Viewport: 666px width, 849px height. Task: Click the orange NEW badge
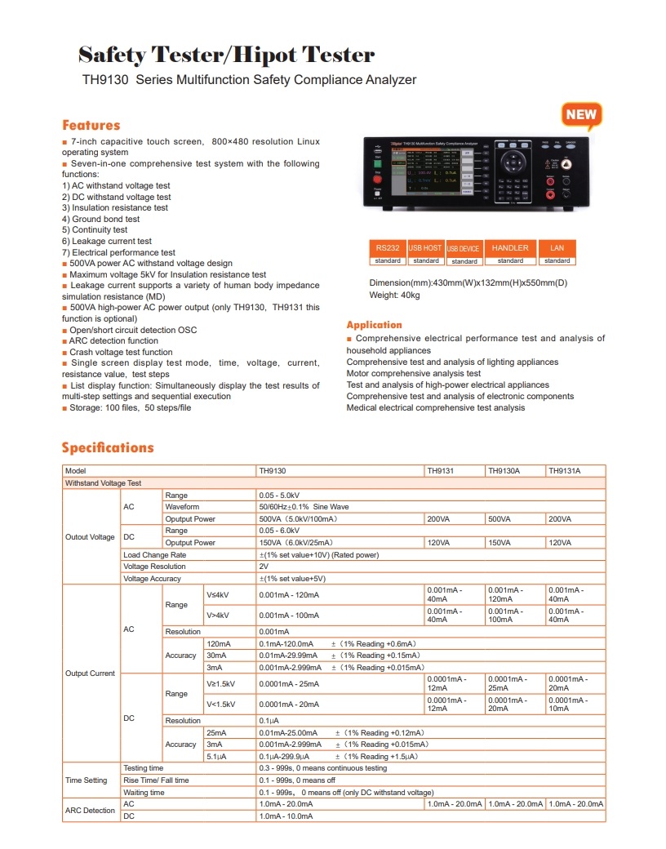click(581, 115)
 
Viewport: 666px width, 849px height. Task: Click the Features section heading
click(91, 126)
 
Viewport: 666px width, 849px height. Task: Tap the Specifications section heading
click(108, 447)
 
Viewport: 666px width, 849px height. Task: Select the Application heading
click(374, 325)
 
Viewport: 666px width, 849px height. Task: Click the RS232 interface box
click(388, 247)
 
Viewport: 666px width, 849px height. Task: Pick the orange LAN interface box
click(557, 247)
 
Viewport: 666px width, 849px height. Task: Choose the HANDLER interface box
click(510, 247)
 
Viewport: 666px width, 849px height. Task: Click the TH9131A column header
click(565, 471)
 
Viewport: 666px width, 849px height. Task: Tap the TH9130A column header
click(504, 471)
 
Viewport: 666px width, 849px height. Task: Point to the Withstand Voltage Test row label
click(103, 483)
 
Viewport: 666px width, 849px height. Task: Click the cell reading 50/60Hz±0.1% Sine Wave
click(304, 507)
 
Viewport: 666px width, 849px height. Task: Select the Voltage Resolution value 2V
click(264, 567)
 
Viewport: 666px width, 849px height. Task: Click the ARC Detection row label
click(90, 810)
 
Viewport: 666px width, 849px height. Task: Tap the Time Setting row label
click(87, 780)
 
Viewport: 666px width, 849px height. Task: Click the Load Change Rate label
click(155, 555)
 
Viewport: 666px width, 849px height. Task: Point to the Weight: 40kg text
click(395, 295)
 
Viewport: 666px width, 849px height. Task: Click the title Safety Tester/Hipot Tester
click(226, 56)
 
